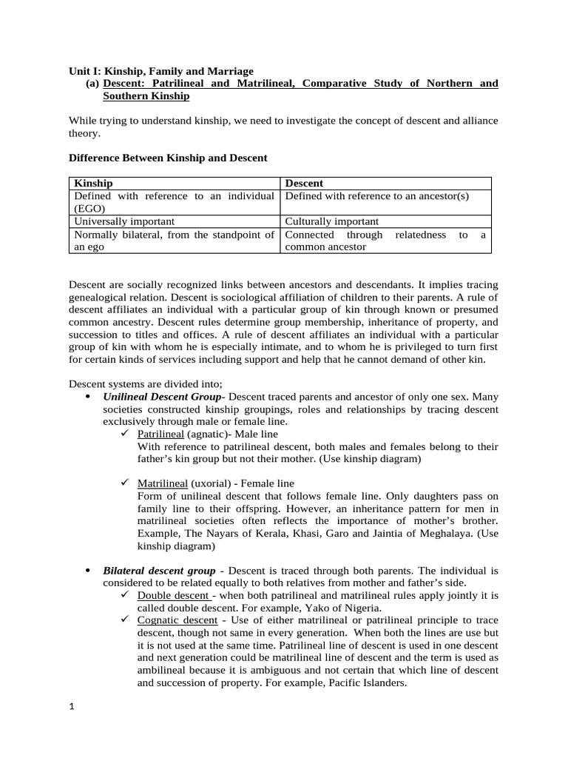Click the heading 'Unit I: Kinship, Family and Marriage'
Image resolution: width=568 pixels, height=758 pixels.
pyautogui.click(x=160, y=71)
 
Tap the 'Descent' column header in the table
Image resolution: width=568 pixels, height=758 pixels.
pyautogui.click(x=304, y=183)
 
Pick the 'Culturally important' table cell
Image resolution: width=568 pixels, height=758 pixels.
pyautogui.click(x=331, y=221)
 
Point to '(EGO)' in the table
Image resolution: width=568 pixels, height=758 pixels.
pyautogui.click(x=89, y=208)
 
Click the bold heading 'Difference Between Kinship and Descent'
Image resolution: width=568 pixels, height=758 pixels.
pyautogui.click(x=168, y=158)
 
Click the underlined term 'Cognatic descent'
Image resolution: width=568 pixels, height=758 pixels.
pyautogui.click(x=177, y=620)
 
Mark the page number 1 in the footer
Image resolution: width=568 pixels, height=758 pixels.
pyautogui.click(x=72, y=708)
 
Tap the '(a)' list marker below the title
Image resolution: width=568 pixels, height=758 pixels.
pyautogui.click(x=92, y=84)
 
